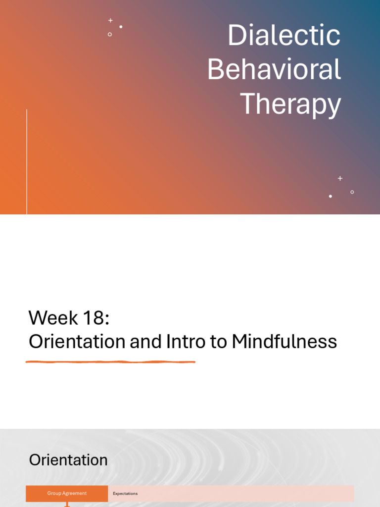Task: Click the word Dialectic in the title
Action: click(x=284, y=36)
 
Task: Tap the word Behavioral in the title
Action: click(x=274, y=70)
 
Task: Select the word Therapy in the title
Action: click(x=290, y=104)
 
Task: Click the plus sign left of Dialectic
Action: click(x=110, y=20)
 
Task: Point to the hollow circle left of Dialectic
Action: click(x=110, y=34)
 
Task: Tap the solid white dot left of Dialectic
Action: click(x=121, y=27)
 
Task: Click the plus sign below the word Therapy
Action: click(x=340, y=178)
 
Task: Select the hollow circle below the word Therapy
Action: click(x=352, y=192)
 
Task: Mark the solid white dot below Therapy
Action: click(x=331, y=197)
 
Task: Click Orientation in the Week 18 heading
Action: click(x=77, y=342)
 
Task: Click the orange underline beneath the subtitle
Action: click(x=110, y=362)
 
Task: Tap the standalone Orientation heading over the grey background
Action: click(x=68, y=460)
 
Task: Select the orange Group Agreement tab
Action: click(x=67, y=493)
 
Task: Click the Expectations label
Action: click(x=125, y=494)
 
